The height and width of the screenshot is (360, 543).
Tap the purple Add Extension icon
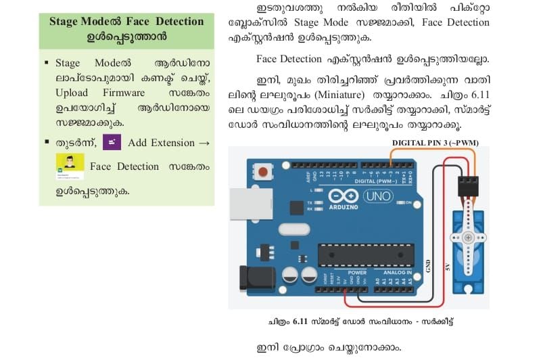click(112, 142)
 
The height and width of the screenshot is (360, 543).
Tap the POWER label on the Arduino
click(358, 273)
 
